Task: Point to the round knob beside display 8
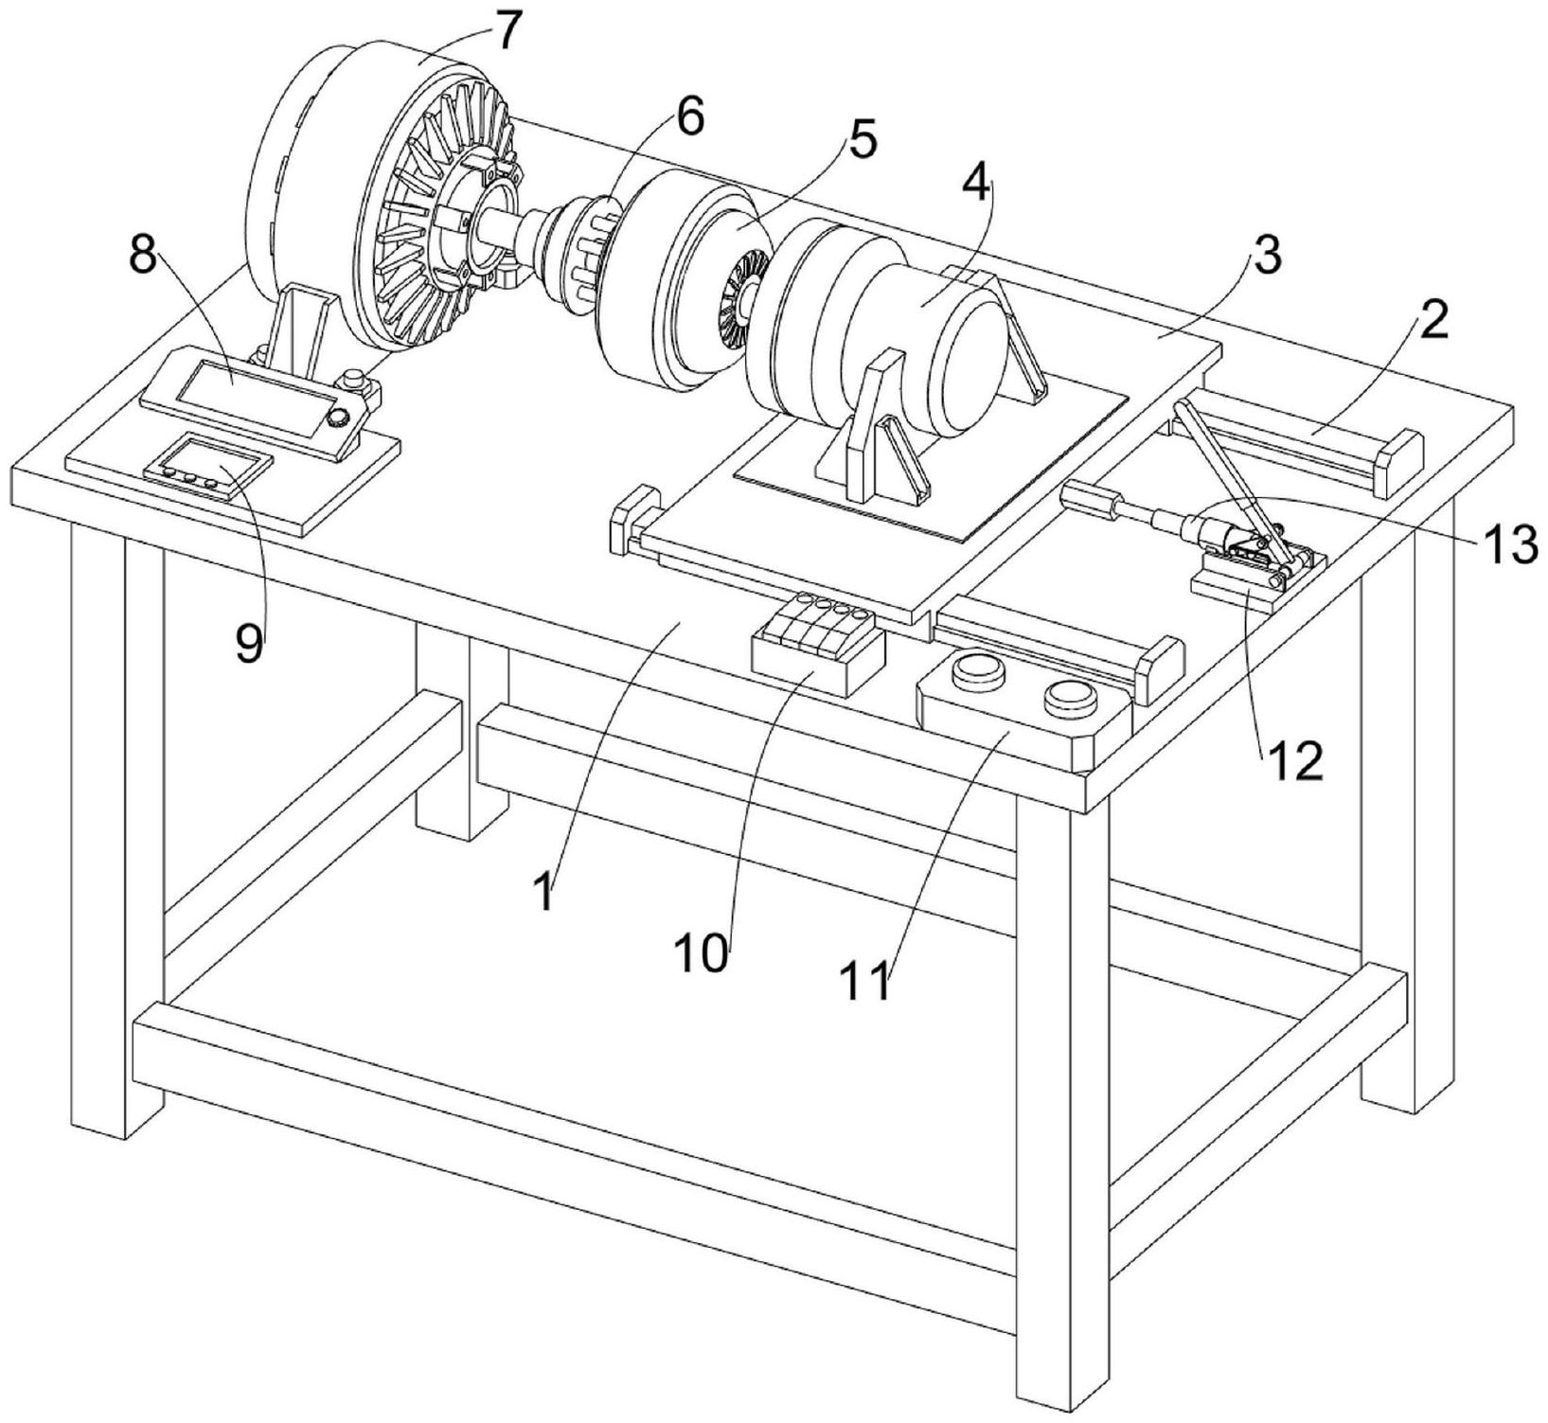[337, 420]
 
